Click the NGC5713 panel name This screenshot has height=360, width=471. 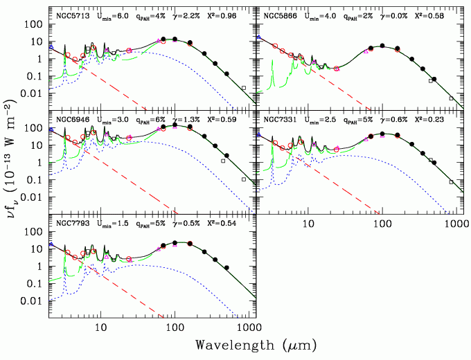[x=70, y=14]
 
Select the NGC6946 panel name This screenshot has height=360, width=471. [x=70, y=119]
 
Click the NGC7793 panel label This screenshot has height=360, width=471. [x=70, y=224]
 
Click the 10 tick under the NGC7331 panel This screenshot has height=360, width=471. [x=308, y=226]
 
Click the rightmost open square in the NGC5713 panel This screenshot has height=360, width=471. [x=244, y=87]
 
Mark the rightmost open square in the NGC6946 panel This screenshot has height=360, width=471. [x=244, y=179]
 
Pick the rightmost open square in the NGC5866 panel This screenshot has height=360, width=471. [x=450, y=98]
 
